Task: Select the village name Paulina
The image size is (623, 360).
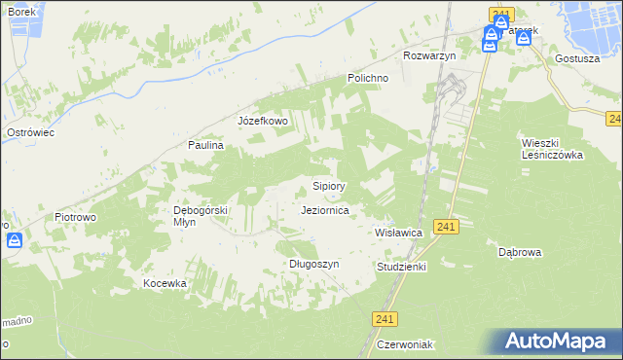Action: coord(206,145)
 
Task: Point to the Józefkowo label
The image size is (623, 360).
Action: coord(263,121)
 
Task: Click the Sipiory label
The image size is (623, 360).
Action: coord(329,185)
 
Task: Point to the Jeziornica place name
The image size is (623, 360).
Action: coord(332,209)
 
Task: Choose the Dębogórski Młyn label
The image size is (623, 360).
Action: coord(200,215)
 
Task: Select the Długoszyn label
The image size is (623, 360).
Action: coord(313,264)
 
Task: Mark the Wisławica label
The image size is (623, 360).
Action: coord(398,234)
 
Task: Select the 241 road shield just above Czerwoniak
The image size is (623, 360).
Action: coord(385,318)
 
